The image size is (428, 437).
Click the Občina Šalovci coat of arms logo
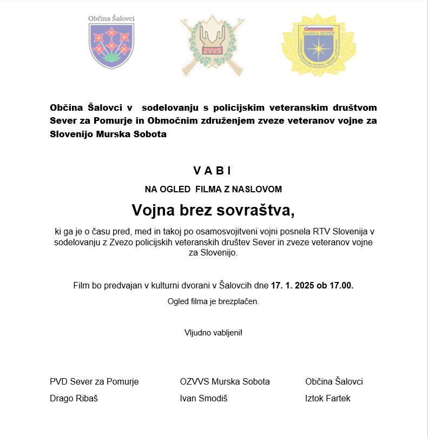point(111,43)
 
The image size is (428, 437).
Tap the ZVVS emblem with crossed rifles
point(212,44)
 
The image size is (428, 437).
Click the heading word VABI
point(212,171)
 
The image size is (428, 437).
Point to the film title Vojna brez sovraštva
point(214,210)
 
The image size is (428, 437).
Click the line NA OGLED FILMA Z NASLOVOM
point(213,189)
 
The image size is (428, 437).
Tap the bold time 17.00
point(341,285)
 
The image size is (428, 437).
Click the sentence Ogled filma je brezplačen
point(213,301)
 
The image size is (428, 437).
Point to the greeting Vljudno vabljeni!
point(213,332)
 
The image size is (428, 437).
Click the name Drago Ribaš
point(74,398)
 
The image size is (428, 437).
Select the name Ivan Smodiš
point(204,398)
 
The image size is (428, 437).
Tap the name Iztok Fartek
point(328,398)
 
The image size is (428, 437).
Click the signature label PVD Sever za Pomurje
point(94,381)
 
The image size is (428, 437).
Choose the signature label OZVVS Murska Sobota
point(225,381)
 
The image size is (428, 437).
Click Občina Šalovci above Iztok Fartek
point(334,381)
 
